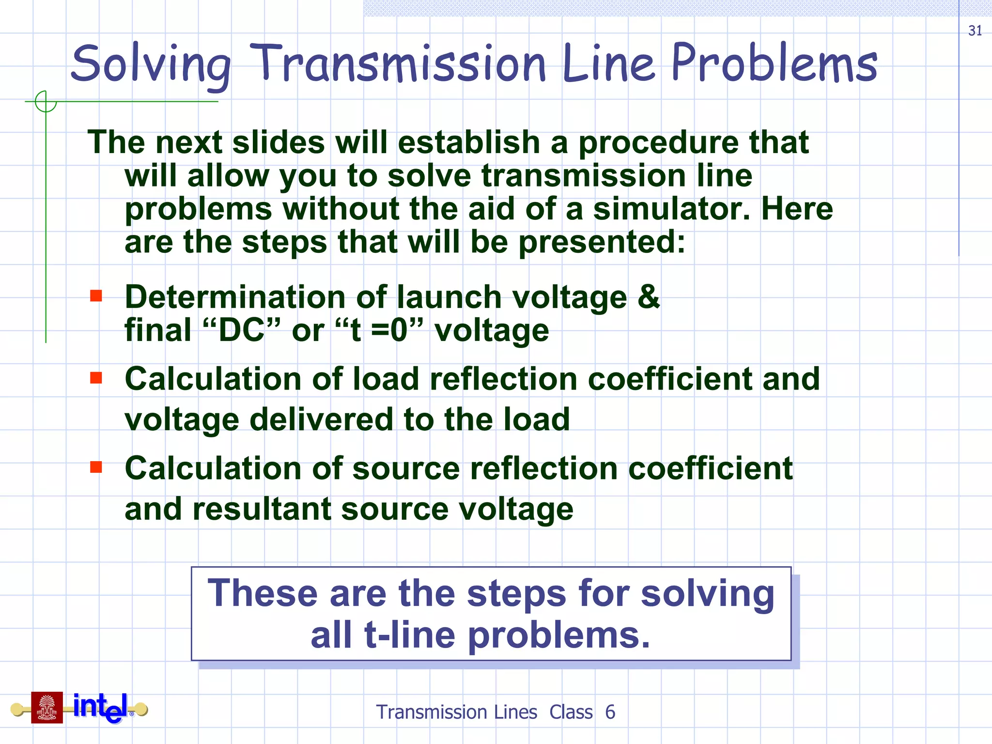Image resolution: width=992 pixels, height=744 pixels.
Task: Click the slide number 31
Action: pos(975,31)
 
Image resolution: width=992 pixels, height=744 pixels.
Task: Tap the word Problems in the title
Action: pos(774,63)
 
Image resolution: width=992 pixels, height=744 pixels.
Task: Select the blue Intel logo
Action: pos(101,708)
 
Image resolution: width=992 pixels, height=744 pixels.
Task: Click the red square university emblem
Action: pos(47,708)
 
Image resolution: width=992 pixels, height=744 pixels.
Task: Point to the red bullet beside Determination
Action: pos(96,295)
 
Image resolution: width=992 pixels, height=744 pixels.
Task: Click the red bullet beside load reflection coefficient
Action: pos(96,377)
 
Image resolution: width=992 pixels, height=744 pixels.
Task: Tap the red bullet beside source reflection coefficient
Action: pos(96,467)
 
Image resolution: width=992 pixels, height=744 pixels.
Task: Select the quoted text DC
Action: pos(241,330)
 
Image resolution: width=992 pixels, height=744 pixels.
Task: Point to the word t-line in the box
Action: pos(409,635)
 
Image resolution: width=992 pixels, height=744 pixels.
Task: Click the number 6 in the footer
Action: pos(610,712)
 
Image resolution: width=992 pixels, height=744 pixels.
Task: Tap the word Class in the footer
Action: pos(571,712)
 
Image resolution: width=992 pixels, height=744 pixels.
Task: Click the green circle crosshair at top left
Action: pos(46,102)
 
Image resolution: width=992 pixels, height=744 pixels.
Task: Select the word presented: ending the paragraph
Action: pos(602,242)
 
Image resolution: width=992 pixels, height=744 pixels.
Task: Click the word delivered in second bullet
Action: pos(321,419)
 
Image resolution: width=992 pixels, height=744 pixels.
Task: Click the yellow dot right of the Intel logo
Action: pos(141,710)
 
